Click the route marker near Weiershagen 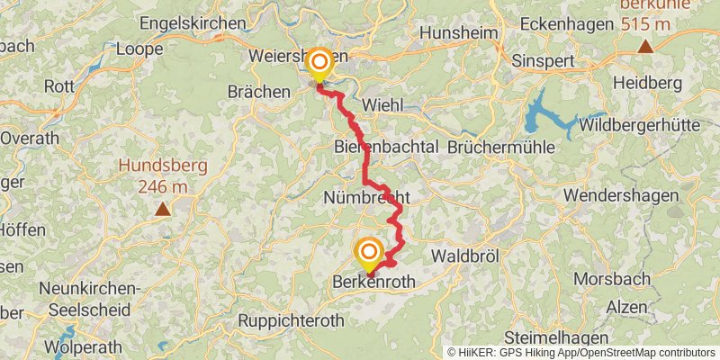(319, 63)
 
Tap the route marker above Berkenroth (369, 252)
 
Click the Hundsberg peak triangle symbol (163, 210)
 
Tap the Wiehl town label (382, 105)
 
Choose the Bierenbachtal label (385, 146)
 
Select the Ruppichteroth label (292, 320)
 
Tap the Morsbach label (616, 279)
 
